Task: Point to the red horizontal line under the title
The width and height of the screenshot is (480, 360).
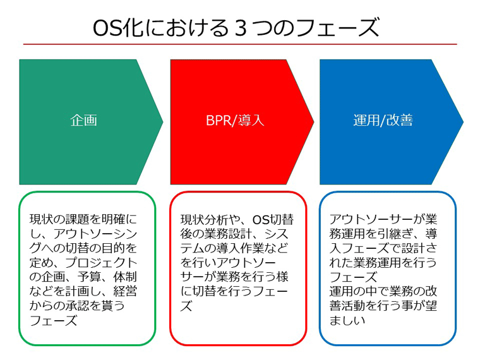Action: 240,44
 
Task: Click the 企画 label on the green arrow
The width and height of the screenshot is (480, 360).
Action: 83,120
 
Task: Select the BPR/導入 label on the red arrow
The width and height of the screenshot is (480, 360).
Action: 235,120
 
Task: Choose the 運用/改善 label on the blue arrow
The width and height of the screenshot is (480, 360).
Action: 383,120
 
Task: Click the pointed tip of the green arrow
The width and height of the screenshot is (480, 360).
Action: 163,122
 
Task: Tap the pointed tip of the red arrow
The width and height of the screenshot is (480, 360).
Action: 314,122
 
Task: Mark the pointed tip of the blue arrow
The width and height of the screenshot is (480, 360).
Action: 464,122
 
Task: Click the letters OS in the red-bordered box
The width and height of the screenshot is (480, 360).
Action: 261,220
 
